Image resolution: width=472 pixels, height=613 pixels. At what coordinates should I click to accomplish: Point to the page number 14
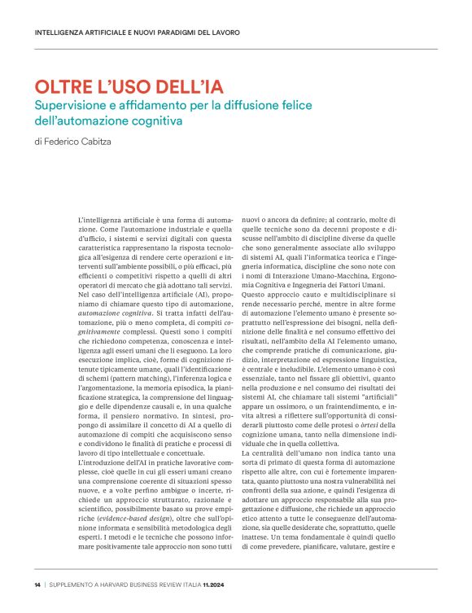(x=37, y=585)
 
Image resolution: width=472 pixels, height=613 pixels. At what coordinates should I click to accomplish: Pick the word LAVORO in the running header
(x=225, y=33)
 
